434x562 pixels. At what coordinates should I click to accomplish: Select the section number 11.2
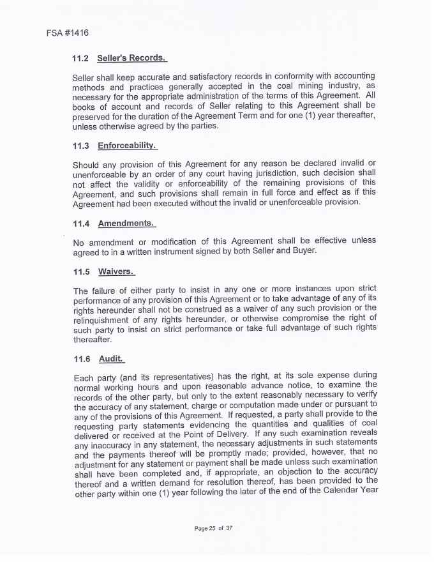pyautogui.click(x=80, y=59)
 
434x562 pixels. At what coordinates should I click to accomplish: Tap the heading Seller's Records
pyautogui.click(x=131, y=59)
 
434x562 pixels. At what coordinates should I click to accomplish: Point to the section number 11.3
pyautogui.click(x=81, y=146)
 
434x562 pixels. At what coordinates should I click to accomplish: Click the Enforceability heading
pyautogui.click(x=127, y=146)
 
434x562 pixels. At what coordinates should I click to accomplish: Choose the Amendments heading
pyautogui.click(x=126, y=224)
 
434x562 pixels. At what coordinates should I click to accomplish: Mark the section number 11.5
pyautogui.click(x=82, y=271)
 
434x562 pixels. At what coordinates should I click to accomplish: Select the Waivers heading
pyautogui.click(x=116, y=271)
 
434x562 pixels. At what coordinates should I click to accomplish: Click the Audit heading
pyautogui.click(x=111, y=359)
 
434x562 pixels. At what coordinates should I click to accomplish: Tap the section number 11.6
pyautogui.click(x=82, y=359)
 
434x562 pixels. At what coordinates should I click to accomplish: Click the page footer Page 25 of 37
pyautogui.click(x=214, y=528)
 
